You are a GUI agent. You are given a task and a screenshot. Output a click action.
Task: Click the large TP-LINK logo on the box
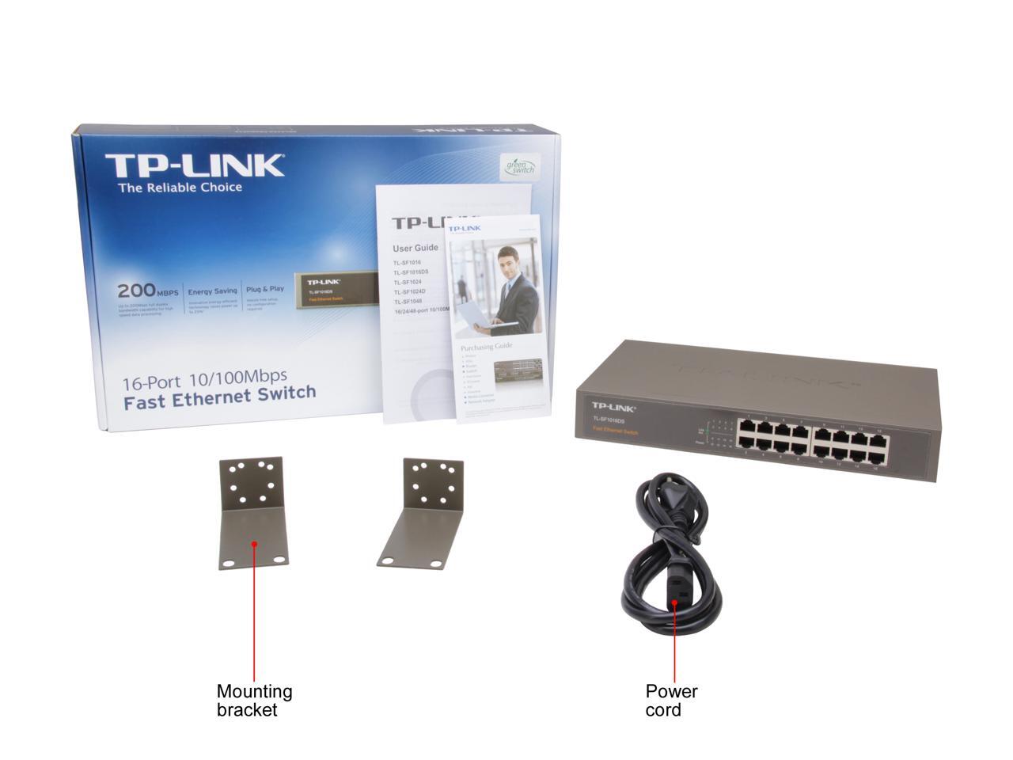point(194,165)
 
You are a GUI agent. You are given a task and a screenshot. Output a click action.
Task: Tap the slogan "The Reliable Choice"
point(180,188)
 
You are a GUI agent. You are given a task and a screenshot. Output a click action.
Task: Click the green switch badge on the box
point(522,166)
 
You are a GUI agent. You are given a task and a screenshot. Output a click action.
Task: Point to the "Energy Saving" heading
point(212,291)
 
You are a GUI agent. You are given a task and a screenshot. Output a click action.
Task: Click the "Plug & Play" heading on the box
point(264,290)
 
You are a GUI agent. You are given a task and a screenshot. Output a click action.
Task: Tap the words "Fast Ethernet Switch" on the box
point(219,393)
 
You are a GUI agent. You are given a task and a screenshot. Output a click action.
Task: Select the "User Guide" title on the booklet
point(415,248)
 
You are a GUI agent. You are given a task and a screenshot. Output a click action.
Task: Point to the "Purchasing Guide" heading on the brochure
point(487,346)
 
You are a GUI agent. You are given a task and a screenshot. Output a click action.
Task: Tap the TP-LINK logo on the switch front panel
point(614,407)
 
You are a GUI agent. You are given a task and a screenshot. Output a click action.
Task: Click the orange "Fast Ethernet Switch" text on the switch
point(615,431)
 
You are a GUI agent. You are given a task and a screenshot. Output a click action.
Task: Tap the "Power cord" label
point(671,700)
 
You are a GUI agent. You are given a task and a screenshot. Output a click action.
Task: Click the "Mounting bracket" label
point(254,700)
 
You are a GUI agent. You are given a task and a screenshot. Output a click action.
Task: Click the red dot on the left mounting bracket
point(254,544)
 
